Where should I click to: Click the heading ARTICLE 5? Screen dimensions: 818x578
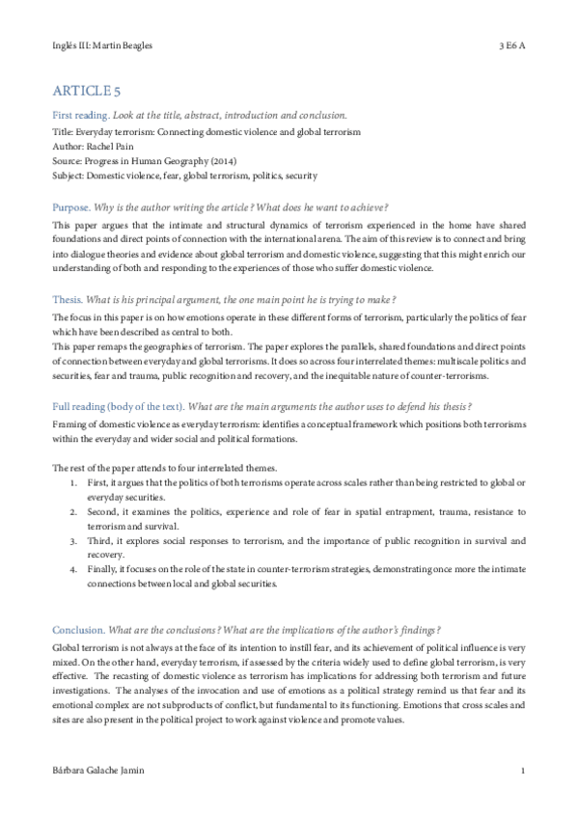(87, 92)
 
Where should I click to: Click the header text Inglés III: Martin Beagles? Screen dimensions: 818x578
(103, 45)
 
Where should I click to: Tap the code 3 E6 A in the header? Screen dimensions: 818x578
(511, 45)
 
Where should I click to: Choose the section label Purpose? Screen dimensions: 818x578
(73, 207)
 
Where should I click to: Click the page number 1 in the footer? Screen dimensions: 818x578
(522, 772)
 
